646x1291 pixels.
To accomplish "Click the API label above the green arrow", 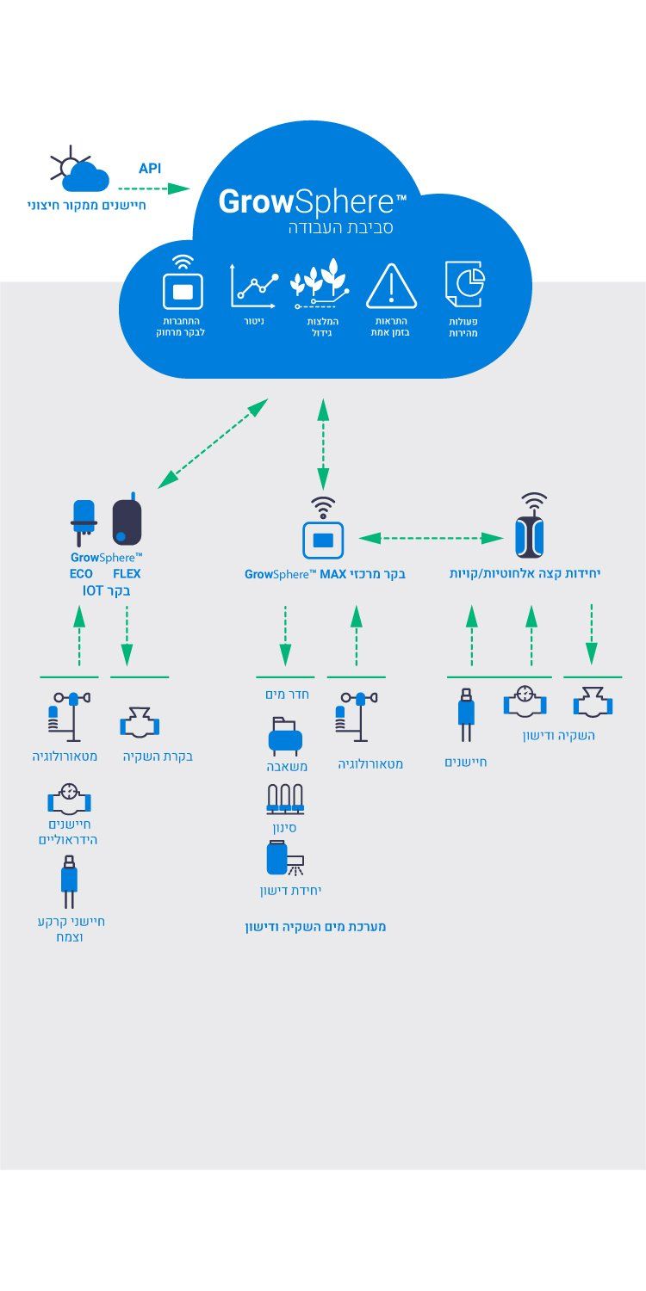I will tap(150, 169).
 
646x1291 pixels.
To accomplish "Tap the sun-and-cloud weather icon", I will tap(82, 170).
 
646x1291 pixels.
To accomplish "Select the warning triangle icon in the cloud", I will tap(391, 287).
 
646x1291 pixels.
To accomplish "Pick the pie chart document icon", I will tap(465, 284).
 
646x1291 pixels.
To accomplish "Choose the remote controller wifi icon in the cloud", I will tap(183, 282).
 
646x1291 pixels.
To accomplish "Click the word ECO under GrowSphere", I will tap(81, 573).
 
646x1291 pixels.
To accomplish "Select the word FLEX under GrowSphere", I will tap(127, 573).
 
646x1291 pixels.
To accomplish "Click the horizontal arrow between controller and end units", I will tap(432, 539).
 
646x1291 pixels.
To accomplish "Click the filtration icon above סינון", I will tap(284, 799).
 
